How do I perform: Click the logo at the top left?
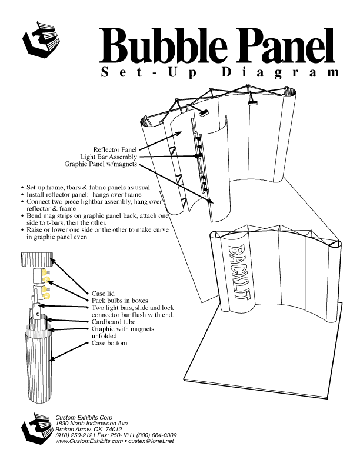pyautogui.click(x=41, y=39)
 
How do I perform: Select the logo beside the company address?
pyautogui.click(x=37, y=428)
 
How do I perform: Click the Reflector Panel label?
pyautogui.click(x=115, y=149)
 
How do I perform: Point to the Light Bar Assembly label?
pyautogui.click(x=108, y=157)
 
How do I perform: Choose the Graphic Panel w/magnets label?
pyautogui.click(x=101, y=164)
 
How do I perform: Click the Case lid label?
pyautogui.click(x=103, y=294)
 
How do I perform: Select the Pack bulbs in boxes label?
pyautogui.click(x=119, y=301)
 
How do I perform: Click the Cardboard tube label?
pyautogui.click(x=113, y=322)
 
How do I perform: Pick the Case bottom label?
pyautogui.click(x=109, y=343)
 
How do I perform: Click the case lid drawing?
pyautogui.click(x=37, y=260)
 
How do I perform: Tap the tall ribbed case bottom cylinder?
pyautogui.click(x=38, y=365)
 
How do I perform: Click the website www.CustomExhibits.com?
pyautogui.click(x=89, y=441)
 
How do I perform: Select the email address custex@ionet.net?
pyautogui.click(x=151, y=441)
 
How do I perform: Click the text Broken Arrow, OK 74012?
pyautogui.click(x=88, y=430)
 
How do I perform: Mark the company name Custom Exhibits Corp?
pyautogui.click(x=84, y=418)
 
